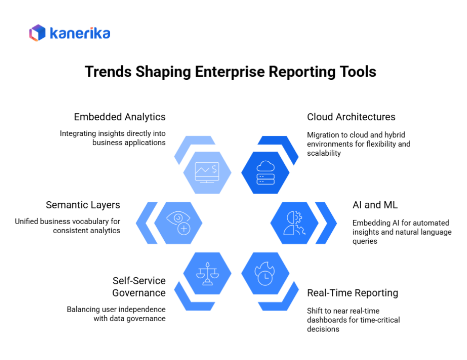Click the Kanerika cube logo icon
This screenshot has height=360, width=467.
pos(37,33)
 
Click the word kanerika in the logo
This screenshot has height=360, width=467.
pos(80,33)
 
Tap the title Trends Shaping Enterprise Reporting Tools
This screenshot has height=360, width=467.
pos(231,72)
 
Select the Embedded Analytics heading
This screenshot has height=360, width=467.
pos(120,117)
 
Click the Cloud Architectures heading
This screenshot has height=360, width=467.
pos(351,117)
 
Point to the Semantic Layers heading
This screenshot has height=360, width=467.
pos(83,205)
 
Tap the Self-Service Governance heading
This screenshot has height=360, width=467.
pos(139,286)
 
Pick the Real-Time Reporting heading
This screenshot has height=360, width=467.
pos(352,293)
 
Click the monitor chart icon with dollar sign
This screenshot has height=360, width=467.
pos(207,172)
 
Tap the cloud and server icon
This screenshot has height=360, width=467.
pos(264,172)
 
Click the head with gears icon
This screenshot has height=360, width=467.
pos(293,223)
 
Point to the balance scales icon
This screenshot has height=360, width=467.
pos(207,273)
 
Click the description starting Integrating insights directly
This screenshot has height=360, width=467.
pos(113,138)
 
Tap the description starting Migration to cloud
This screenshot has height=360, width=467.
pos(358,144)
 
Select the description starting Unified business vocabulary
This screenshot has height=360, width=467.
pos(67,226)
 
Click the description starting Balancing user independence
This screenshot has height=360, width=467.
pos(116,314)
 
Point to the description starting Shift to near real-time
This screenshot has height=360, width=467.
pos(353,320)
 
